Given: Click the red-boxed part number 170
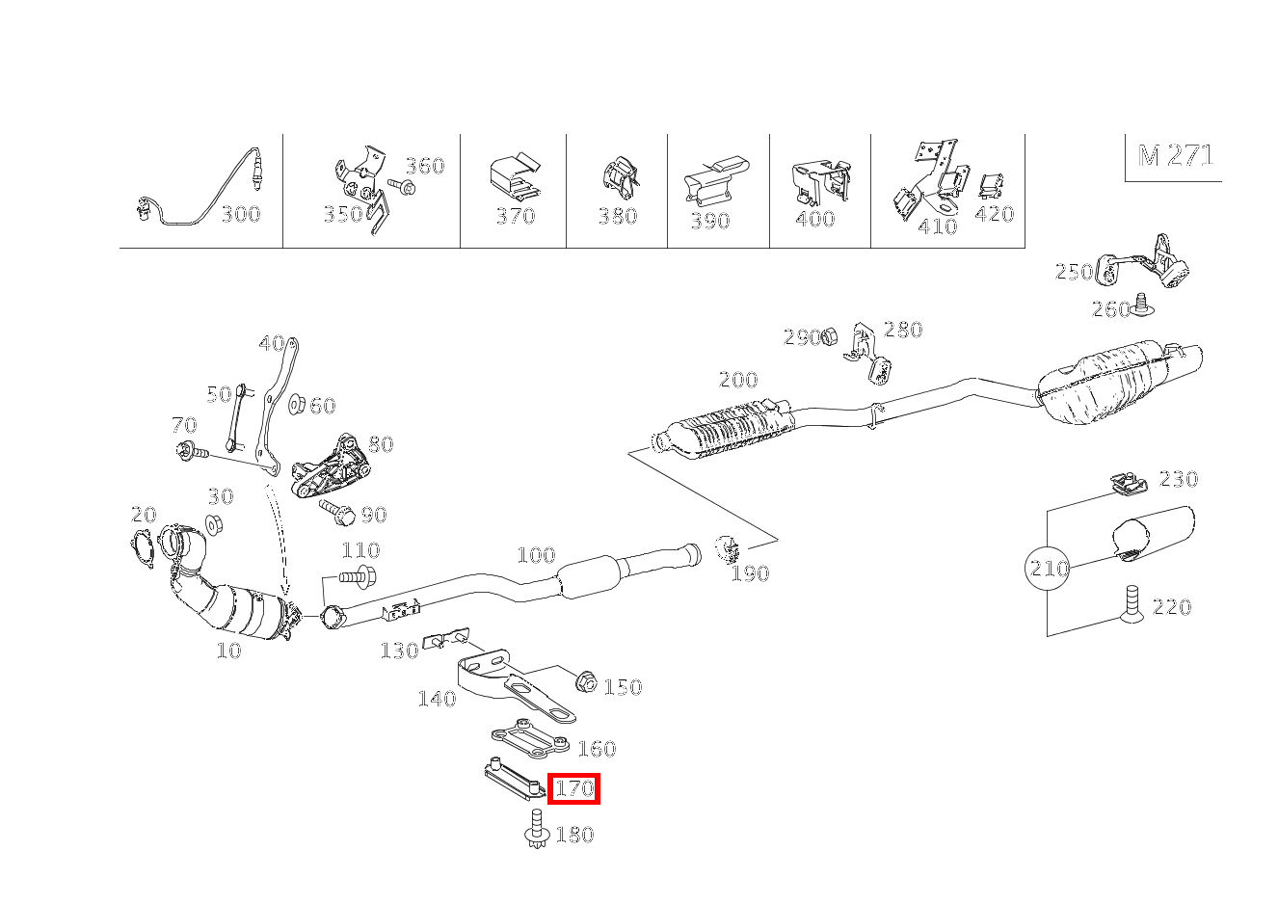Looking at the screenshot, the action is pyautogui.click(x=574, y=788).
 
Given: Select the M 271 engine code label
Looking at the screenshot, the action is pyautogui.click(x=1175, y=155).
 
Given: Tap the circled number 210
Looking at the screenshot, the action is pyautogui.click(x=1048, y=568).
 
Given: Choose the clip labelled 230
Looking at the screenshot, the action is pyautogui.click(x=1128, y=485).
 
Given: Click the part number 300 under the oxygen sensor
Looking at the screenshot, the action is pyautogui.click(x=241, y=215).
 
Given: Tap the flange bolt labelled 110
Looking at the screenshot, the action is pyautogui.click(x=358, y=576).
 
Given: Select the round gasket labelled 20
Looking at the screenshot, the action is pyautogui.click(x=142, y=548).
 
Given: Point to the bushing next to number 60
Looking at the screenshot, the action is pyautogui.click(x=296, y=404).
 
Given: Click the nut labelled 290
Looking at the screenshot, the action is pyautogui.click(x=830, y=336).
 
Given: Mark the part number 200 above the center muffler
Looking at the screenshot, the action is pyautogui.click(x=738, y=380).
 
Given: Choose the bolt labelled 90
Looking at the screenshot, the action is pyautogui.click(x=337, y=512).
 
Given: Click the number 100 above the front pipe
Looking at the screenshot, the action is pyautogui.click(x=536, y=555).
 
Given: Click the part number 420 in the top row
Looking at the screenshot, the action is pyautogui.click(x=995, y=214).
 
